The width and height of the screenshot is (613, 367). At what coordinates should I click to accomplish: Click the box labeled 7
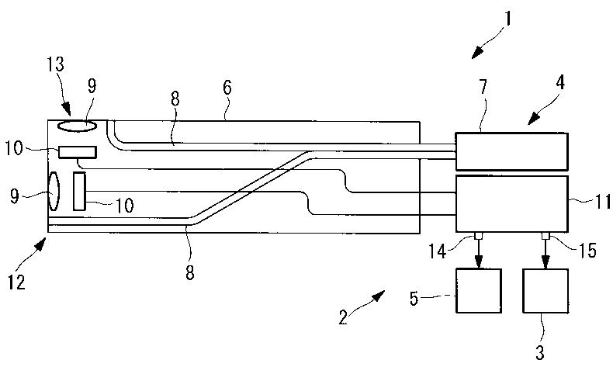(511, 151)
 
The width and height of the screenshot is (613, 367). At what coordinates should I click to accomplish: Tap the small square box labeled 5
(478, 291)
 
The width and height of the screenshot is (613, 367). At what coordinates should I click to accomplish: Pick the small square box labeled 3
(546, 291)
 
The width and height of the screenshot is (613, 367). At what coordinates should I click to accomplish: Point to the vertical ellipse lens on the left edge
(54, 191)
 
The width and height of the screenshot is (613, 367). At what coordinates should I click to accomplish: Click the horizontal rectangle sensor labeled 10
(77, 151)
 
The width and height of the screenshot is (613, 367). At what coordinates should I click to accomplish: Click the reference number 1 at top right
(502, 16)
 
